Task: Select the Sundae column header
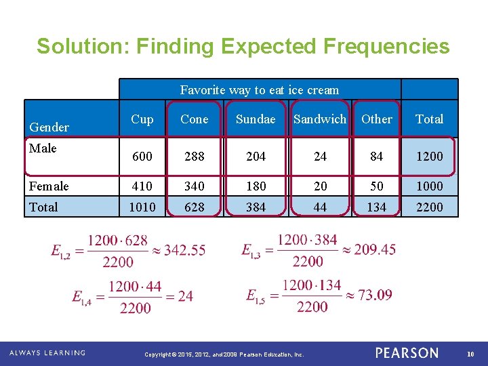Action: pos(256,119)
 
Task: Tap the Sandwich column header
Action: pos(320,119)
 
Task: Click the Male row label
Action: pos(43,148)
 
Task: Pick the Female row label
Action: pos(49,186)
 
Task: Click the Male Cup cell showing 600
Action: pos(142,157)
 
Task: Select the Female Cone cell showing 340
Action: pos(195,186)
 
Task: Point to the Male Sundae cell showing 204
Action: pos(256,157)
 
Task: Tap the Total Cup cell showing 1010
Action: pos(142,207)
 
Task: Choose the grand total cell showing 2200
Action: pos(429,207)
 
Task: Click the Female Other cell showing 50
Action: pos(376,186)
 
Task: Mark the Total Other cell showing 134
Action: pos(376,207)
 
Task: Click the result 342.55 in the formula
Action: pos(184,250)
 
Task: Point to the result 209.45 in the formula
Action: pos(375,250)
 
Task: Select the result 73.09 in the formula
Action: pos(374,295)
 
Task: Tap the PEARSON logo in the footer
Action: pos(407,353)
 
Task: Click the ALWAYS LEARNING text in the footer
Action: pos(47,353)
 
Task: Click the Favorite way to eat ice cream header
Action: pos(260,90)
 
